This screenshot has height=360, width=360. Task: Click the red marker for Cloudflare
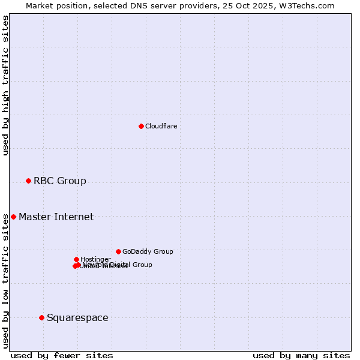pyautogui.click(x=141, y=126)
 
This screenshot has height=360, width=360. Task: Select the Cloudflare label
pyautogui.click(x=161, y=126)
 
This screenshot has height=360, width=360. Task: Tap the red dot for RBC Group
pyautogui.click(x=28, y=181)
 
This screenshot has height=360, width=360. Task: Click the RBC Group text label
pyautogui.click(x=59, y=181)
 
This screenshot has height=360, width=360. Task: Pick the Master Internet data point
pyautogui.click(x=13, y=217)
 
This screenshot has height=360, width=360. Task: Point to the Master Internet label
pyautogui.click(x=56, y=217)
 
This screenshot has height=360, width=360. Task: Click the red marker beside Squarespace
pyautogui.click(x=41, y=317)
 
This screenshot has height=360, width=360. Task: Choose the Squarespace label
pyautogui.click(x=77, y=317)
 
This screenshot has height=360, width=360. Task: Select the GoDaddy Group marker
pyautogui.click(x=118, y=251)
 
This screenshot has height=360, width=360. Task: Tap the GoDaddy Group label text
pyautogui.click(x=148, y=251)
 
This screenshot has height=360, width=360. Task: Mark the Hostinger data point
pyautogui.click(x=76, y=259)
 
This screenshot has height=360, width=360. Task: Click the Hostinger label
pyautogui.click(x=95, y=259)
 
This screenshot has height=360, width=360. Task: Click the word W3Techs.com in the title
pyautogui.click(x=310, y=5)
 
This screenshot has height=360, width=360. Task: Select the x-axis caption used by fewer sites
pyautogui.click(x=62, y=355)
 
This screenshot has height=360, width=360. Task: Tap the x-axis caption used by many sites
pyautogui.click(x=301, y=355)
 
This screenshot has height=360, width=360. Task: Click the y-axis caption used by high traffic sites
pyautogui.click(x=5, y=85)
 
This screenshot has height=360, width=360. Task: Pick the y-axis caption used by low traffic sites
pyautogui.click(x=5, y=281)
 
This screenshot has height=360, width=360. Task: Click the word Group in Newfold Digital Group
pyautogui.click(x=142, y=265)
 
